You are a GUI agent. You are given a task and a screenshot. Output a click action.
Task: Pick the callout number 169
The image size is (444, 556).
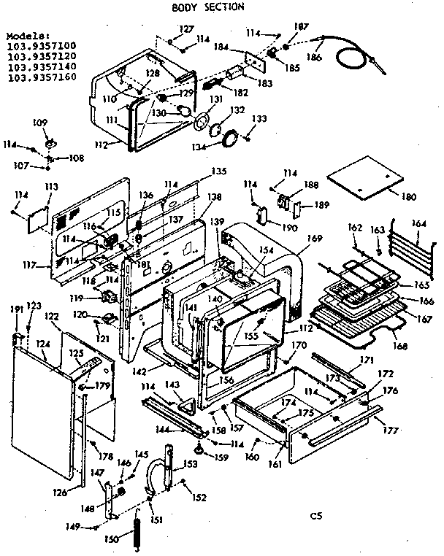[x=314, y=238]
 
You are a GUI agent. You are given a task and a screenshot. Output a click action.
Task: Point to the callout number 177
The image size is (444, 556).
[x=392, y=430]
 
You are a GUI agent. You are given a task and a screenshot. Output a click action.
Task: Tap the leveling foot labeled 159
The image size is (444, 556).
[x=199, y=446]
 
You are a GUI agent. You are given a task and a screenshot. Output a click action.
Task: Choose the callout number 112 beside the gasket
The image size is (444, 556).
[x=102, y=144]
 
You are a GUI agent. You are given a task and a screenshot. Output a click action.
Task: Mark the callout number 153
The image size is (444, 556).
[x=191, y=465]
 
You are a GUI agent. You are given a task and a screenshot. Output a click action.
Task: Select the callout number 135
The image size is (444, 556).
[x=215, y=171]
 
